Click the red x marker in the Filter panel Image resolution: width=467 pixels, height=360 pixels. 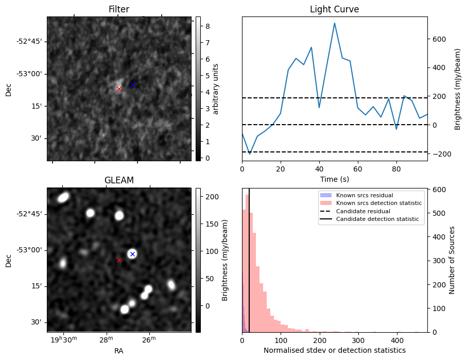(119, 89)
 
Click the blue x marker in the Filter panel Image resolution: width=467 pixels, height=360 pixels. (133, 84)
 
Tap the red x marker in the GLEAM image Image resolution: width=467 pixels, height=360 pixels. (119, 260)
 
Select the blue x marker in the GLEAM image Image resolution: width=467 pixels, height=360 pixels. (132, 254)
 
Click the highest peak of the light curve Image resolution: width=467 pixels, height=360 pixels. (335, 23)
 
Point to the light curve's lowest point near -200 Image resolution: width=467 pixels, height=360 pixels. (250, 154)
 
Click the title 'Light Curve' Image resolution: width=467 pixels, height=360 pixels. (334, 9)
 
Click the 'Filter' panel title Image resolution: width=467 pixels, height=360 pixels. (119, 9)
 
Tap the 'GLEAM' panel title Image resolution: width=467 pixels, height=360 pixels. (119, 180)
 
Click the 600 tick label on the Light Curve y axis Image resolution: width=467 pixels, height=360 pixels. (439, 39)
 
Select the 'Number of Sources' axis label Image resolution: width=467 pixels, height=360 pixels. (452, 260)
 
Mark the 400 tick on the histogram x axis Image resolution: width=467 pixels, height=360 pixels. (396, 340)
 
